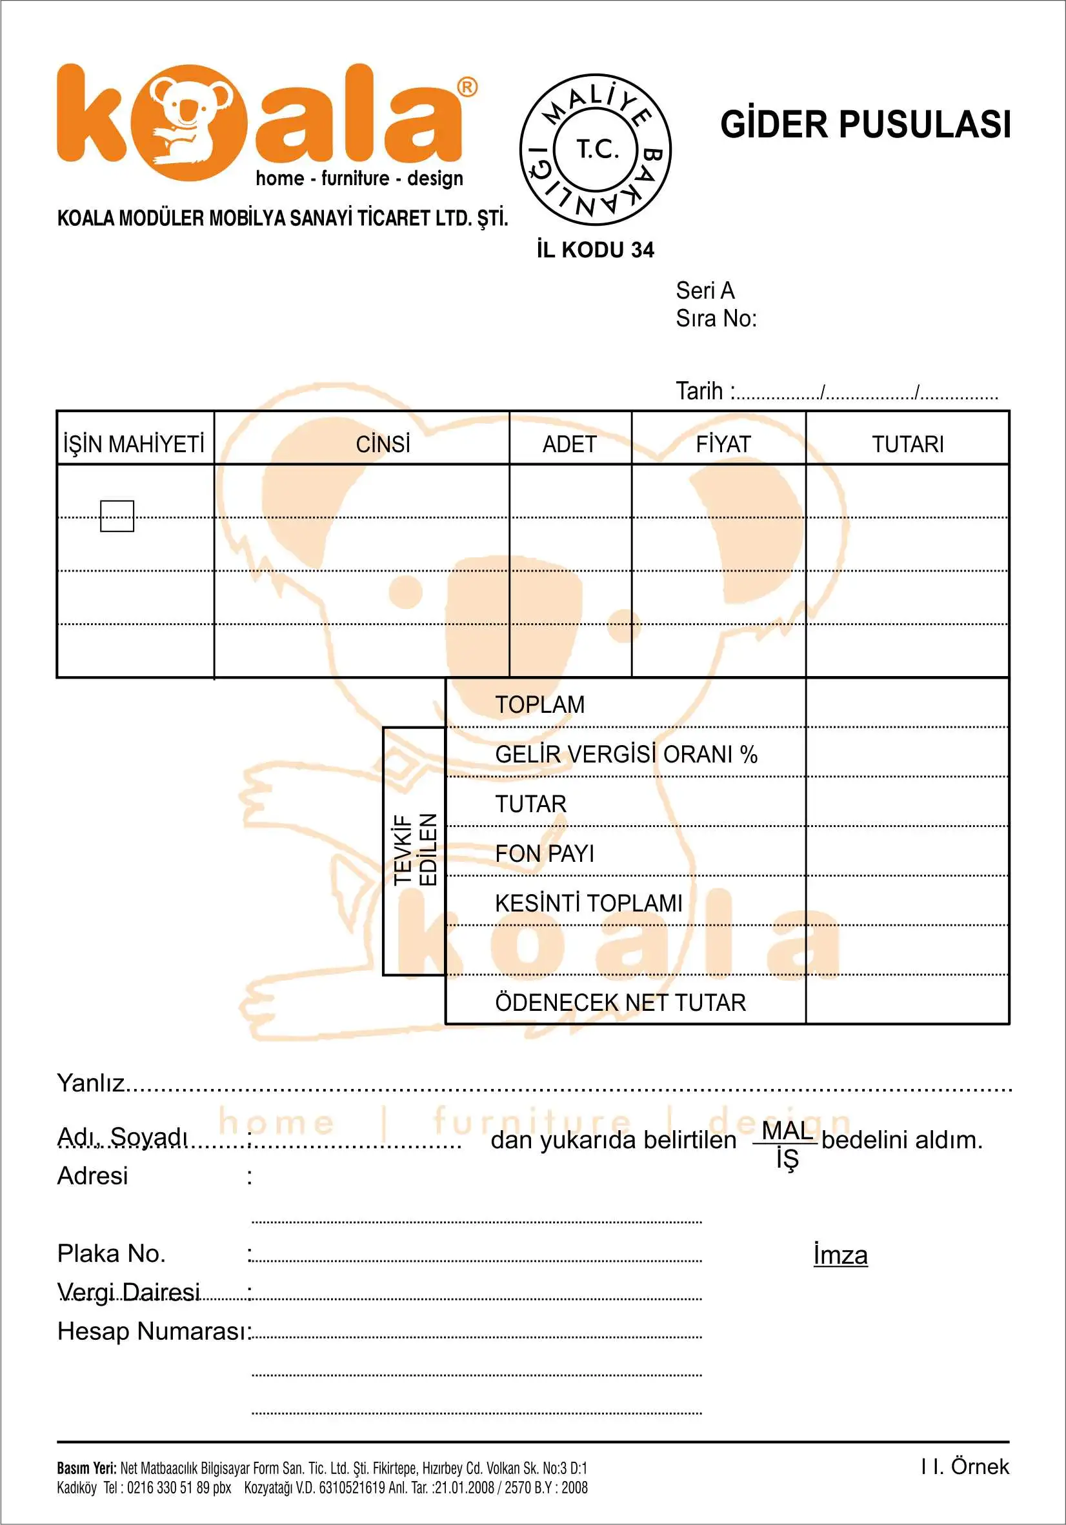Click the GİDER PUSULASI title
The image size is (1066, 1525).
pos(865,125)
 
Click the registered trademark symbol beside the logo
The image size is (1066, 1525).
pos(467,87)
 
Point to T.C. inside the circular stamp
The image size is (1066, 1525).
pos(596,150)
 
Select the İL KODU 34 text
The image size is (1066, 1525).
pos(596,250)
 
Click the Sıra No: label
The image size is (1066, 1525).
pos(716,319)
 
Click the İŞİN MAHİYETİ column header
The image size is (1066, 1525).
pos(134,444)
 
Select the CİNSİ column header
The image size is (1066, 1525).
pos(383,444)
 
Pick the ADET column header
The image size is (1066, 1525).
pos(570,444)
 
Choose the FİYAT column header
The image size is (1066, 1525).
pos(723,444)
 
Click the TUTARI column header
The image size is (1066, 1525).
pos(907,444)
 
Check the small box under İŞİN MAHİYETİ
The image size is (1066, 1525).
pos(117,516)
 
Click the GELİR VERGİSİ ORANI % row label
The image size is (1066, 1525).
pos(626,755)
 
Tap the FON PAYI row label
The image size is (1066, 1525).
pos(545,853)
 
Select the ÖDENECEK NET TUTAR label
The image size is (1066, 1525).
pos(620,1002)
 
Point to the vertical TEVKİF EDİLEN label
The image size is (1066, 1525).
pos(415,850)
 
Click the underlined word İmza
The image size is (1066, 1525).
pos(840,1255)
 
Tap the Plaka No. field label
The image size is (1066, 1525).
pos(111,1253)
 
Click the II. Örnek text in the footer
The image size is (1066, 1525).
pos(965,1466)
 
